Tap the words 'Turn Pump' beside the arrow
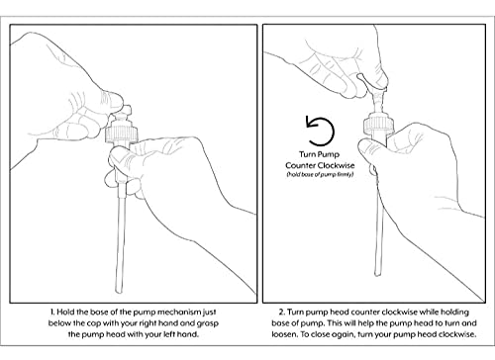point(319,154)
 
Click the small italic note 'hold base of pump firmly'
point(320,174)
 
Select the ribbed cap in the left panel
point(121,134)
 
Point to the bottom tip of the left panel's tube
point(119,293)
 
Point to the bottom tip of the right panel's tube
point(377,274)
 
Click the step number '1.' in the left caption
point(53,312)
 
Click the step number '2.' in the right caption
point(282,312)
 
